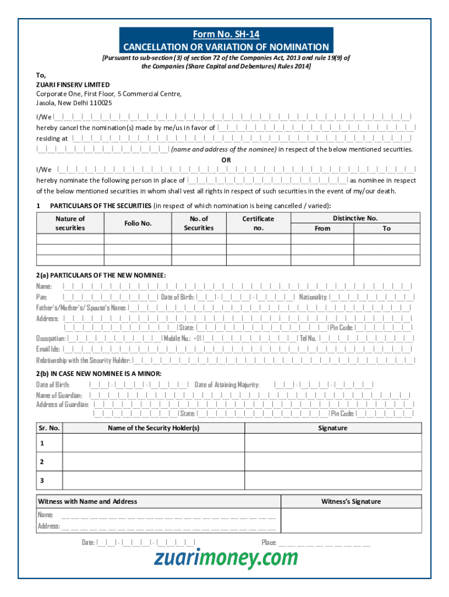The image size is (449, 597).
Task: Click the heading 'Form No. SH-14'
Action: coord(226,34)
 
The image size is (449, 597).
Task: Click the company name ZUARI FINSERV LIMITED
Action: coord(72,85)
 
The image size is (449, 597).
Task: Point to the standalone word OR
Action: coord(226,160)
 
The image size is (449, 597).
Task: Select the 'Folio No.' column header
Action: coord(138,223)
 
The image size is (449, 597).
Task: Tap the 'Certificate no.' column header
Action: coord(258,223)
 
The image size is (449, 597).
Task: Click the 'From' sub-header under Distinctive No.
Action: coord(322,229)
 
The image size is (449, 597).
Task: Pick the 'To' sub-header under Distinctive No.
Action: coord(387,229)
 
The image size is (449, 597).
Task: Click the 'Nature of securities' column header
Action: coord(70,223)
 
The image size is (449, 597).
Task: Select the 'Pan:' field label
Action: coord(42,297)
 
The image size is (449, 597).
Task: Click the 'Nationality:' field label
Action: coord(313,297)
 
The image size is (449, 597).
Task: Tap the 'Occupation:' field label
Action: coord(51,338)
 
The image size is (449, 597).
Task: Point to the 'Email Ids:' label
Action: coord(48,349)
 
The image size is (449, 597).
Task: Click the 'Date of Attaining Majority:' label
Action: coord(227,385)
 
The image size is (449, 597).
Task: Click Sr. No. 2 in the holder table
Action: coord(42,462)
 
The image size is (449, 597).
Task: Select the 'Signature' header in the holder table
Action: coord(332,428)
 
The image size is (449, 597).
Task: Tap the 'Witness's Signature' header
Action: coord(351,501)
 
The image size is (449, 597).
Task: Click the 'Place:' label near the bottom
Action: coord(269,542)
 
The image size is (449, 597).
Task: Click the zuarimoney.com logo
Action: coord(226,559)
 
